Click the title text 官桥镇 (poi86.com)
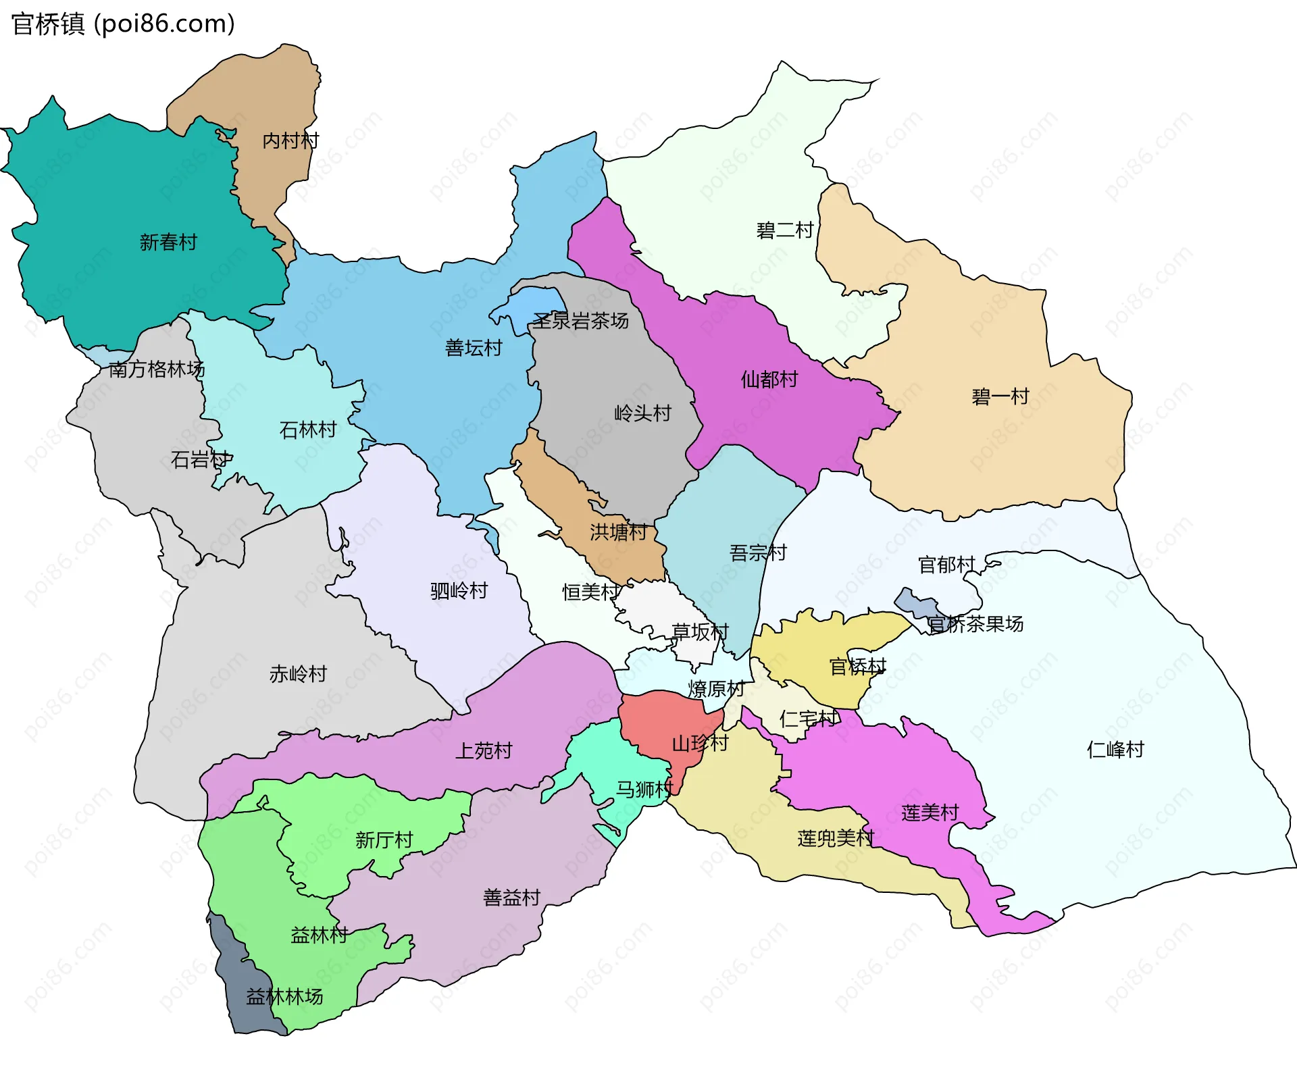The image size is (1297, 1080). pyautogui.click(x=123, y=24)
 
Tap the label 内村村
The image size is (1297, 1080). pyautogui.click(x=290, y=140)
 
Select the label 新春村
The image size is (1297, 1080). pyautogui.click(x=168, y=242)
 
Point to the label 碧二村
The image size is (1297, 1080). pyautogui.click(x=784, y=231)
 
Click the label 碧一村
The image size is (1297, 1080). pyautogui.click(x=1000, y=396)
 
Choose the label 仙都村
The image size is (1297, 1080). pyautogui.click(x=769, y=380)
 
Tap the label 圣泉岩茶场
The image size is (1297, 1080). pyautogui.click(x=581, y=321)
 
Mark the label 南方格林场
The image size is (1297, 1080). pyautogui.click(x=156, y=369)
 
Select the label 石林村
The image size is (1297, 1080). pyautogui.click(x=308, y=430)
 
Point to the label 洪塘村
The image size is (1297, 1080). pyautogui.click(x=618, y=532)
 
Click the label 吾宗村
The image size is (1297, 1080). pyautogui.click(x=758, y=553)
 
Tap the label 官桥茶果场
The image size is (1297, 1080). pyautogui.click(x=975, y=624)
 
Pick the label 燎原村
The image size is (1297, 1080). pyautogui.click(x=716, y=689)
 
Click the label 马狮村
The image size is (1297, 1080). pyautogui.click(x=644, y=789)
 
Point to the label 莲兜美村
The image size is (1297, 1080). pyautogui.click(x=836, y=839)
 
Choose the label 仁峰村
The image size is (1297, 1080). pyautogui.click(x=1115, y=750)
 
